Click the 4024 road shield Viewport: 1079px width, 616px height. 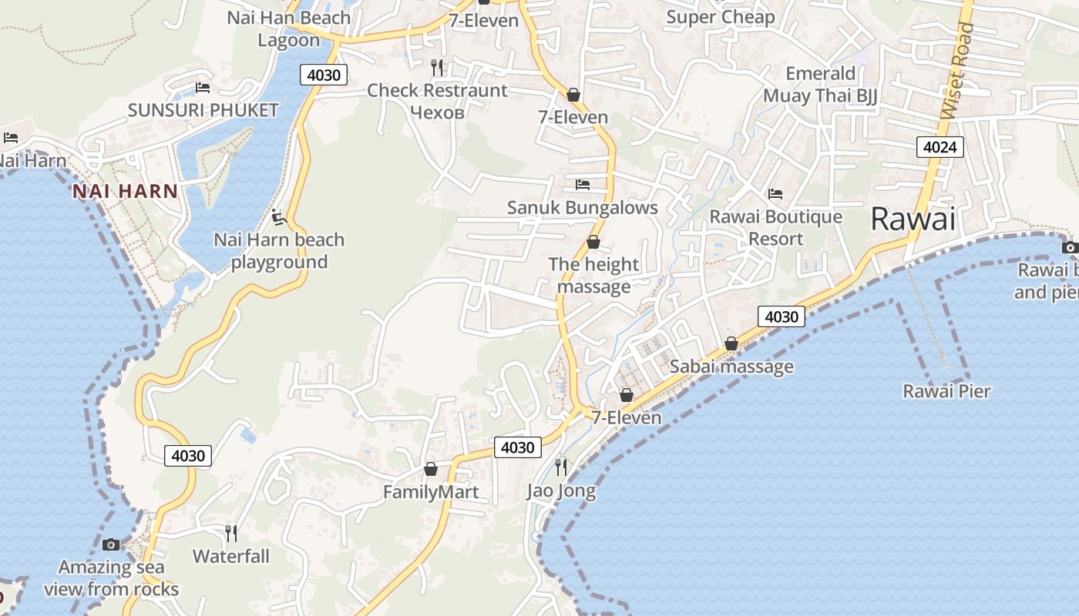click(940, 146)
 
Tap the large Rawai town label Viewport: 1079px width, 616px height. click(913, 219)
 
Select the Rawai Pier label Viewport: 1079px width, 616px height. click(946, 391)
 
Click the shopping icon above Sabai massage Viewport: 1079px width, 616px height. click(731, 343)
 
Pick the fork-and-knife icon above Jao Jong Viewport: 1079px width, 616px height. click(561, 467)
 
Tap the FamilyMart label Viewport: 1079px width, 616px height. click(431, 492)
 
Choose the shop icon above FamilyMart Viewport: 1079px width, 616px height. click(431, 469)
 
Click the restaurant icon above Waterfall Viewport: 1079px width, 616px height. click(230, 533)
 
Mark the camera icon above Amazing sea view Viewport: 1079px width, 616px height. click(111, 544)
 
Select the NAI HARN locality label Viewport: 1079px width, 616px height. click(126, 191)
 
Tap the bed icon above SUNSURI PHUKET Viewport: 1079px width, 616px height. click(203, 87)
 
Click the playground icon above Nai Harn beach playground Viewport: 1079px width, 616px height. click(279, 217)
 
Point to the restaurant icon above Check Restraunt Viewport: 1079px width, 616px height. click(437, 68)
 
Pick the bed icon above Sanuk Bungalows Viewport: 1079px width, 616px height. click(583, 185)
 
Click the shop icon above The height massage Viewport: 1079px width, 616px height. click(593, 242)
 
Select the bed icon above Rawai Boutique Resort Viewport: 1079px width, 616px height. click(775, 194)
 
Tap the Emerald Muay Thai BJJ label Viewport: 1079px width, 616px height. click(820, 85)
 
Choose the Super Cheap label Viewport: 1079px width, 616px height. click(720, 17)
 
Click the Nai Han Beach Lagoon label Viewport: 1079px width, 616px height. click(288, 28)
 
